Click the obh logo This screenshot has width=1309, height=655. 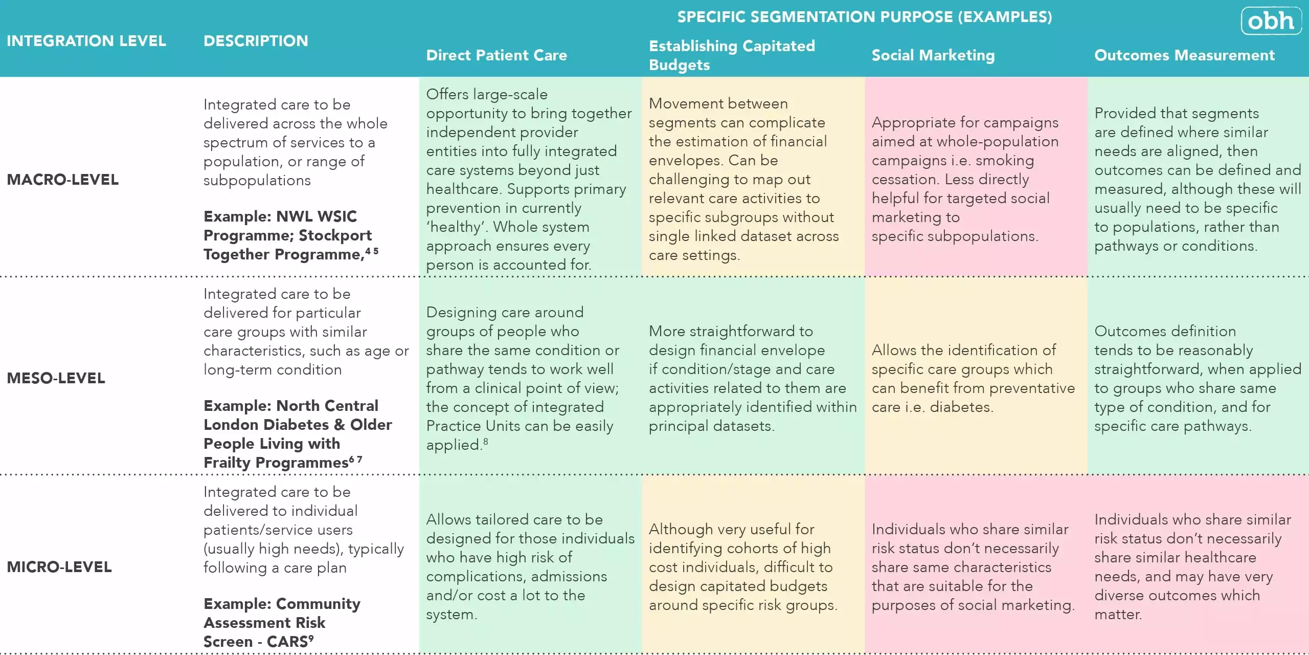tap(1271, 21)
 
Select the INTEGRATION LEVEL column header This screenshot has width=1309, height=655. tap(86, 41)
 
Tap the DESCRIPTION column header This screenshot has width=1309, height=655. tap(256, 41)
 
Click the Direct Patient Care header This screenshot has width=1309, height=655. tap(496, 55)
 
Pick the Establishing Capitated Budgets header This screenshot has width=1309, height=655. tap(731, 55)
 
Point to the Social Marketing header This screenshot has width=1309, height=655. tap(933, 55)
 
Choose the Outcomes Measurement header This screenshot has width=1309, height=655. tap(1184, 55)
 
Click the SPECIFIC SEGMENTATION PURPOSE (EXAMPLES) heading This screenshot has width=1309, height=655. tap(865, 17)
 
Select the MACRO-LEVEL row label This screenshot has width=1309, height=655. tap(62, 180)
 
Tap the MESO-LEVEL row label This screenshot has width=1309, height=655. tap(56, 378)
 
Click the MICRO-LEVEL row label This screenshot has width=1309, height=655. tap(59, 567)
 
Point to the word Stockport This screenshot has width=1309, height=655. tap(335, 235)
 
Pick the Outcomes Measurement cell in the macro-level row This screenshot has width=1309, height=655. tap(1197, 180)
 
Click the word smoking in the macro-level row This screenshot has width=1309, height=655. tap(1005, 161)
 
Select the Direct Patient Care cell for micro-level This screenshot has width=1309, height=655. tap(530, 567)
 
